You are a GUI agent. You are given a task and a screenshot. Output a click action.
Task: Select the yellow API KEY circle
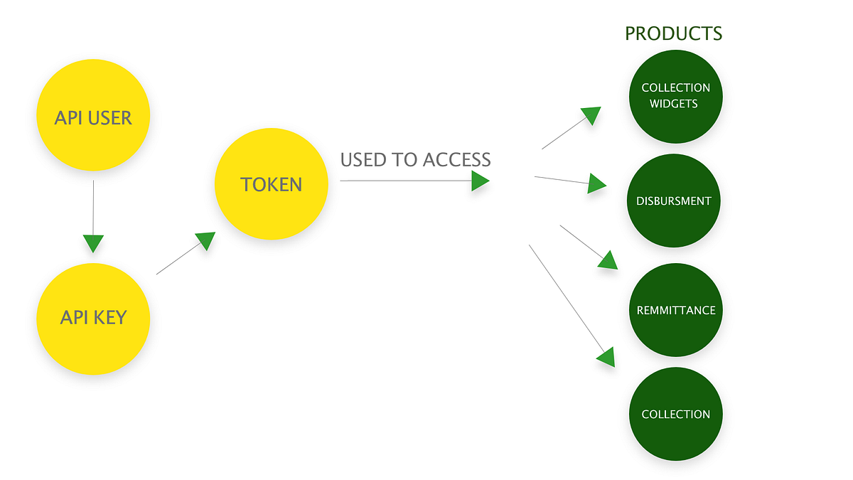pos(93,318)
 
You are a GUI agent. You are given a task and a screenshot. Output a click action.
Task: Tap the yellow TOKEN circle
pos(272,185)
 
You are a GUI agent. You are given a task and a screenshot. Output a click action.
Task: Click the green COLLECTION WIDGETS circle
pos(675,95)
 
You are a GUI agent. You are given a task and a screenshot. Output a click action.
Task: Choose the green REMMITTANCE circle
pos(675,310)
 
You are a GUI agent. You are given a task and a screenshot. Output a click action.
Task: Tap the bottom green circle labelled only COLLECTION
pos(675,414)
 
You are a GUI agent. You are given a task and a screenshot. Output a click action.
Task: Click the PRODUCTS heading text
pos(673,33)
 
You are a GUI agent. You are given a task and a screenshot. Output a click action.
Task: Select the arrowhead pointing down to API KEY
pos(93,243)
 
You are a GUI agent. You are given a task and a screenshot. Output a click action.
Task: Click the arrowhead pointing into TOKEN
pos(205,240)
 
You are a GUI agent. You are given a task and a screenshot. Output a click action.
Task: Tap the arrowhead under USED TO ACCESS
pos(481,181)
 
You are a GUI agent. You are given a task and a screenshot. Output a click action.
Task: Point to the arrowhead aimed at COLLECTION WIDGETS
pos(591,115)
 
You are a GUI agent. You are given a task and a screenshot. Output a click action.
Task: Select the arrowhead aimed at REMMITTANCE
pos(608,260)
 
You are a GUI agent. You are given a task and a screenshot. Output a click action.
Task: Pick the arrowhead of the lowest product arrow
pos(606,357)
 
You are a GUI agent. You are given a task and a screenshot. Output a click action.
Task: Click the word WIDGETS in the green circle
pos(675,104)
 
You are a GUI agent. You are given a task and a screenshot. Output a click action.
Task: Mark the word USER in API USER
pos(110,117)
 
